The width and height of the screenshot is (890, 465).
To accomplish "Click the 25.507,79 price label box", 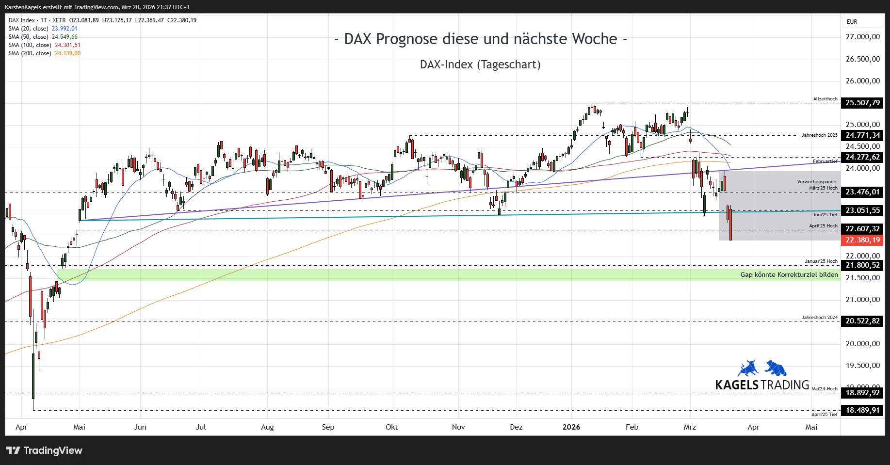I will [862, 103].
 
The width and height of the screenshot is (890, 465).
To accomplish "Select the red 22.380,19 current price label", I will [862, 240].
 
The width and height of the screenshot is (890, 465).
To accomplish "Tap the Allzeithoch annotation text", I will [825, 99].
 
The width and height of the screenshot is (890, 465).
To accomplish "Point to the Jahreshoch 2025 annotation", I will [819, 135].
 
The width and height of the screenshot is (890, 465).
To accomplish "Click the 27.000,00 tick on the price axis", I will [862, 37].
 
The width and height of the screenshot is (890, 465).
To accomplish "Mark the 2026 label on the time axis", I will [571, 427].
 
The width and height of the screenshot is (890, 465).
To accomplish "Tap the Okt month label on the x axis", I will [391, 427].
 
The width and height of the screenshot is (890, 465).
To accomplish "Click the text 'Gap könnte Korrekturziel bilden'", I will [789, 274].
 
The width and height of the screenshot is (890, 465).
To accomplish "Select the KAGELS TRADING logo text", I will [762, 385].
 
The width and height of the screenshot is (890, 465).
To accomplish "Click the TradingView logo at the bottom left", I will [44, 450].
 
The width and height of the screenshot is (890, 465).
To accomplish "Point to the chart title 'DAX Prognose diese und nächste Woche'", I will [480, 39].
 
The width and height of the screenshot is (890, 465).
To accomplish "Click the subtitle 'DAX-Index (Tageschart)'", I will [480, 64].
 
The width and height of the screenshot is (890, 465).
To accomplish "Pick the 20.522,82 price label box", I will [862, 321].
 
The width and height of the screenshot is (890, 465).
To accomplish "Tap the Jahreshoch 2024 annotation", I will [819, 318].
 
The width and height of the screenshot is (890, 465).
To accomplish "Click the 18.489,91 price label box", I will [862, 410].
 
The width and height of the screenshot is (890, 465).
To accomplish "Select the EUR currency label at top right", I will [852, 22].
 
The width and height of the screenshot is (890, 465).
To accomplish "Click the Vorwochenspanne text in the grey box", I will [816, 182].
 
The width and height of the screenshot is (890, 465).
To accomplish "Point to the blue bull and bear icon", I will [762, 369].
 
